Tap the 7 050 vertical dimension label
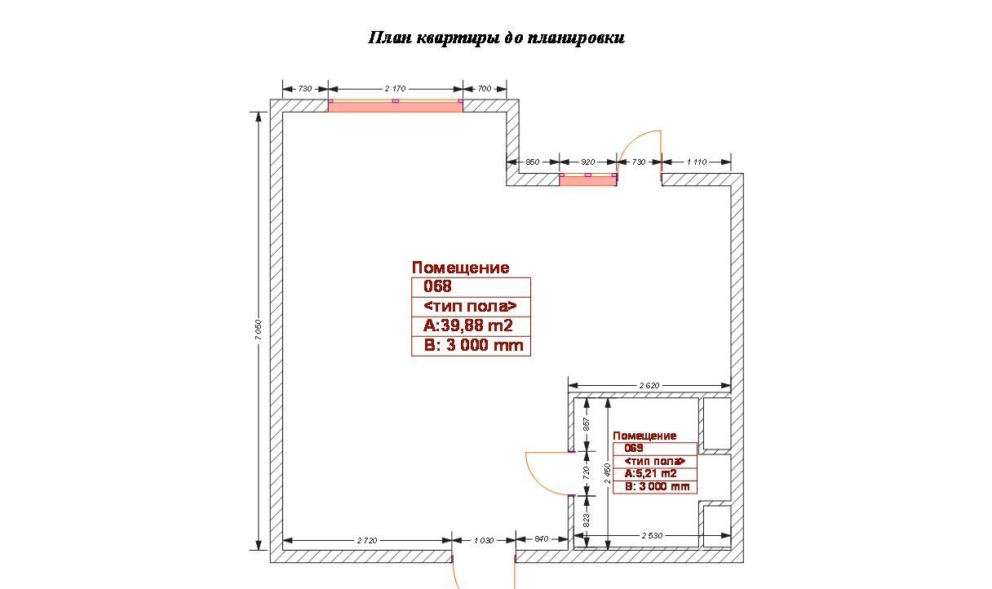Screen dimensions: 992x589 pyautogui.click(x=258, y=330)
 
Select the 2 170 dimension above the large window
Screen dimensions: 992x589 pyautogui.click(x=395, y=89)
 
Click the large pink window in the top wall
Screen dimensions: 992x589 pyautogui.click(x=395, y=106)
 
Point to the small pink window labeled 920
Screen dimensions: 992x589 pyautogui.click(x=587, y=179)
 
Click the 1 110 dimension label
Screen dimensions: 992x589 pyautogui.click(x=697, y=162)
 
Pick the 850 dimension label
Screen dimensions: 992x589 pyautogui.click(x=533, y=162)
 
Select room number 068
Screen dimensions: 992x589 pyautogui.click(x=437, y=286)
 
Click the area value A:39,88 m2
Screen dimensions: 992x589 pyautogui.click(x=467, y=326)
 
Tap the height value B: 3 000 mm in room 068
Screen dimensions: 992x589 pyautogui.click(x=473, y=345)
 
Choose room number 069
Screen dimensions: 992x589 pyautogui.click(x=633, y=448)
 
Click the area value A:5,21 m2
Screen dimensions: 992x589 pyautogui.click(x=650, y=473)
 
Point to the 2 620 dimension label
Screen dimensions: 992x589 pyautogui.click(x=649, y=386)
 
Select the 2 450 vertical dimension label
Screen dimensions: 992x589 pyautogui.click(x=608, y=473)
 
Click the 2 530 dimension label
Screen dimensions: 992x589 pyautogui.click(x=652, y=536)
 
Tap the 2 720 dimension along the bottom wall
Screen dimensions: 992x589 pyautogui.click(x=366, y=540)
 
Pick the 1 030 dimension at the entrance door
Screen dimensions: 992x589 pyautogui.click(x=484, y=540)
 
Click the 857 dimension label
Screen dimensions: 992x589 pyautogui.click(x=587, y=424)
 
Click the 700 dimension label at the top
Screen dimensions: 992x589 pyautogui.click(x=485, y=89)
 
